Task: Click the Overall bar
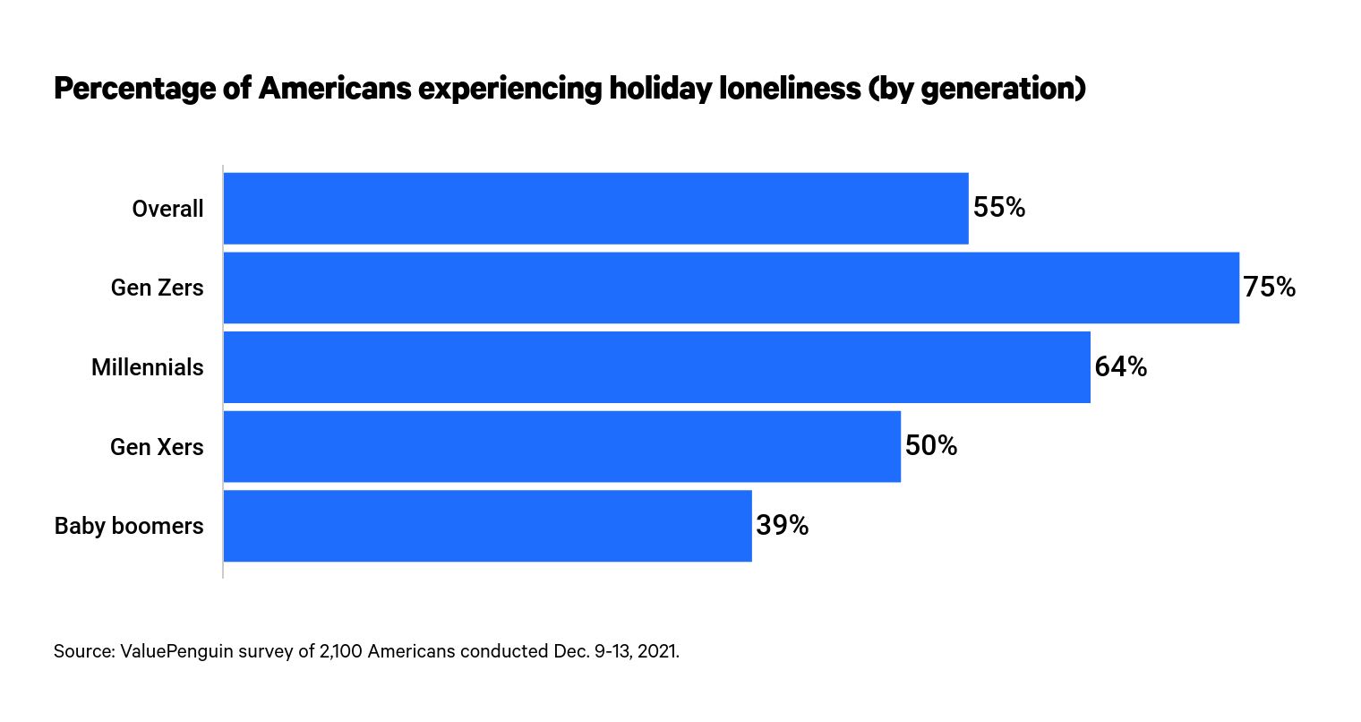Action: [x=595, y=208]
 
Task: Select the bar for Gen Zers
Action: [x=731, y=288]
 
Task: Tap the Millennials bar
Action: [x=656, y=367]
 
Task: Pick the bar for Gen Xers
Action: [x=561, y=446]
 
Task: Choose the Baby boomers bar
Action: [x=487, y=526]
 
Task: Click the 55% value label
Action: [x=999, y=208]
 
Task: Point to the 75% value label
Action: [x=1270, y=288]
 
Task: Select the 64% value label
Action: [x=1121, y=367]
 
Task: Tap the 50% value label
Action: [x=931, y=446]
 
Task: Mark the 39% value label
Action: [x=783, y=526]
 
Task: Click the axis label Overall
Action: [x=167, y=209]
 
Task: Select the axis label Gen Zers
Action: [x=157, y=288]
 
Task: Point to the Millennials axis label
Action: [x=148, y=367]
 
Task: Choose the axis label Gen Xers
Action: [x=157, y=446]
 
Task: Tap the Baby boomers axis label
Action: [x=129, y=526]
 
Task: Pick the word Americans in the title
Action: [x=336, y=89]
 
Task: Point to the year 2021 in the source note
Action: [x=659, y=651]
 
